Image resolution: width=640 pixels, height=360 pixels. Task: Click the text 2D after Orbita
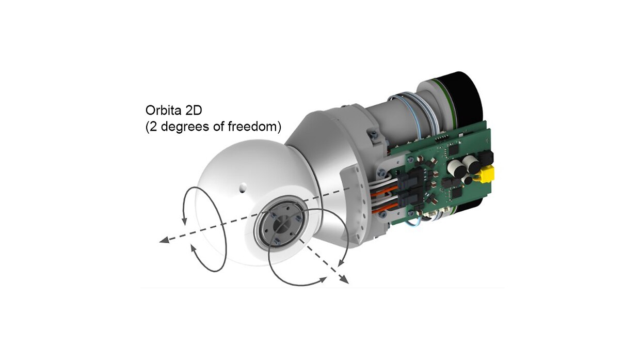[194, 110]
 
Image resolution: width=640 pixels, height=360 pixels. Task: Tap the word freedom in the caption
[252, 126]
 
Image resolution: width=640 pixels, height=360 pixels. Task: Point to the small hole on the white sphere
[243, 187]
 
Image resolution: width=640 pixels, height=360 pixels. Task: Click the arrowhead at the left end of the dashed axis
[164, 240]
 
